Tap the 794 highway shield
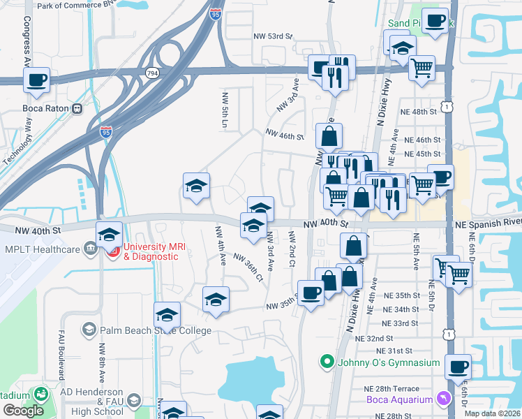click(x=151, y=72)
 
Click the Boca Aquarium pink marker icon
click(x=441, y=398)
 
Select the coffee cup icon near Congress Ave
click(x=36, y=80)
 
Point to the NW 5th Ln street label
click(x=225, y=112)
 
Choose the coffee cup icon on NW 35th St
click(x=311, y=291)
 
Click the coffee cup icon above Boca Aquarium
click(x=458, y=367)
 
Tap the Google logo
click(x=23, y=410)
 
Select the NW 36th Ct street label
click(x=248, y=267)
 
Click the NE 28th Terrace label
click(x=391, y=389)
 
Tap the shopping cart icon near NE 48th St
click(x=422, y=68)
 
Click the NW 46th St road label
click(x=285, y=135)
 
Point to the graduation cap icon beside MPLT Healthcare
click(x=109, y=235)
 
